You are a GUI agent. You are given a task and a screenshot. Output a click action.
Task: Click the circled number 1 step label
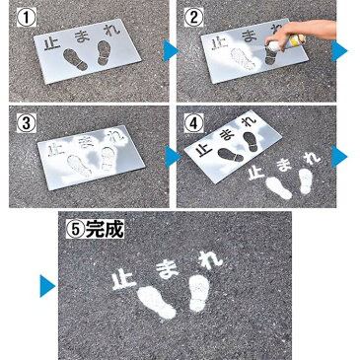pos(27,18)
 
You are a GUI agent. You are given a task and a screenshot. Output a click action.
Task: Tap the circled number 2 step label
pos(193,18)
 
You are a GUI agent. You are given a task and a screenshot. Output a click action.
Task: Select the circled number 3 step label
pos(27,123)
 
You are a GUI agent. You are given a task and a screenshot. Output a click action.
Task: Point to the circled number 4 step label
pos(193,123)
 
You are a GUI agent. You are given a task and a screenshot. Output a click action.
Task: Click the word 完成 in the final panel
pos(105,229)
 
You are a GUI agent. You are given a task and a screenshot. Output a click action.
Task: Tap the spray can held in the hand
pos(287,42)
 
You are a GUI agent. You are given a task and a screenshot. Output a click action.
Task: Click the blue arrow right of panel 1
pos(171,50)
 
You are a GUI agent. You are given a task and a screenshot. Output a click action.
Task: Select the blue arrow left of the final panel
pos(47,286)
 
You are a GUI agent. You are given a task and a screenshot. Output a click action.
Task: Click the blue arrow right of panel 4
pos(339,157)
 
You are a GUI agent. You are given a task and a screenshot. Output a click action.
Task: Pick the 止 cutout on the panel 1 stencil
pos(51,44)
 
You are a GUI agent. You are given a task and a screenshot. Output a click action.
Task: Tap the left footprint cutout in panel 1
pos(76,59)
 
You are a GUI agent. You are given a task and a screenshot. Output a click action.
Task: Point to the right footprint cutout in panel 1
pos(104,52)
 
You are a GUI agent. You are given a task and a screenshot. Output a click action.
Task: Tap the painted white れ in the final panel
pos(210,259)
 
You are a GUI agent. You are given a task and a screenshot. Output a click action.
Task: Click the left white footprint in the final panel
pos(157,302)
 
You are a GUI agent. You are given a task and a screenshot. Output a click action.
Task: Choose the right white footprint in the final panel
pos(199,293)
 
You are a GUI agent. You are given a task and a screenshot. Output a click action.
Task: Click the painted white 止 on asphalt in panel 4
pos(256,173)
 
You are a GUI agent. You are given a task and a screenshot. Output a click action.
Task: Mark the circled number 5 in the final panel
pos(76,229)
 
